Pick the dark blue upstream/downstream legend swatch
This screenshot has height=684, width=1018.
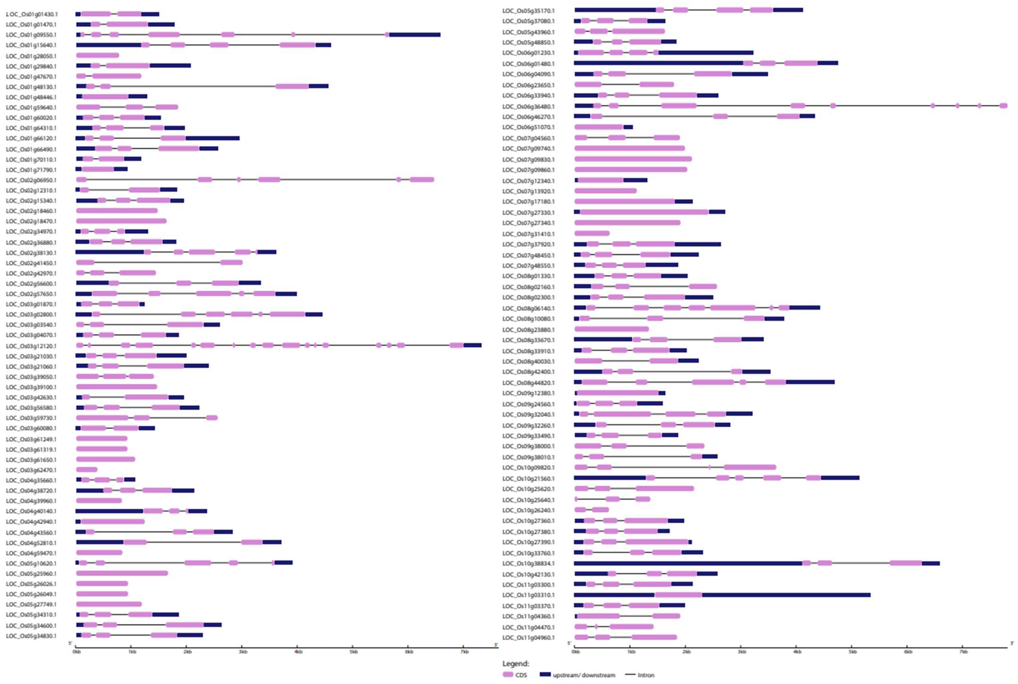pos(545,675)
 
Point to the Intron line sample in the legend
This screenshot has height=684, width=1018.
pos(630,675)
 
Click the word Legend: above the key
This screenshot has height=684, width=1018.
pos(516,663)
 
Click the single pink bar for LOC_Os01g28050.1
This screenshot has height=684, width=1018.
pos(98,56)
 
